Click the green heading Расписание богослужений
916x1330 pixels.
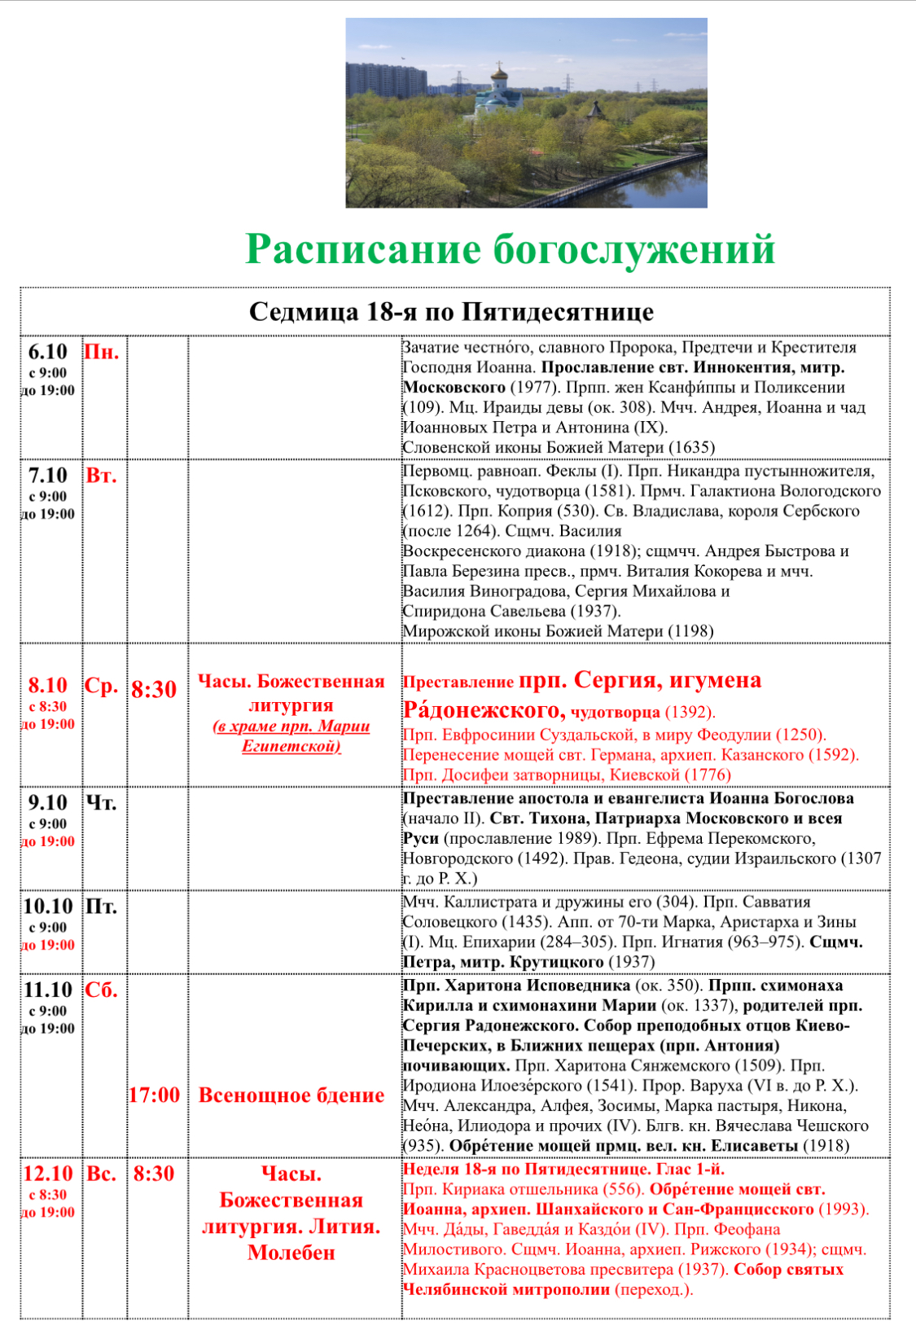tap(510, 248)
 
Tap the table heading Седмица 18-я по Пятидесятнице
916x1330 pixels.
tap(451, 312)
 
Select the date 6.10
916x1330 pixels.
tap(48, 352)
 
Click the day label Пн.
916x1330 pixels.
tap(102, 352)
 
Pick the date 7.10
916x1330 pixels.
tap(48, 476)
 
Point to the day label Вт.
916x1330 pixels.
tap(101, 476)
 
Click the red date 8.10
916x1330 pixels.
tap(48, 685)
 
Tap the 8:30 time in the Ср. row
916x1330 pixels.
tap(154, 690)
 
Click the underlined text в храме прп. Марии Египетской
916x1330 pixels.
tap(291, 736)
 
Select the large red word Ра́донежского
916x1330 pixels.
tap(484, 710)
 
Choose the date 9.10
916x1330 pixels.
tap(48, 803)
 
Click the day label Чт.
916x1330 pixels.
tap(101, 803)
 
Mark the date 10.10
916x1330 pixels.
tap(48, 906)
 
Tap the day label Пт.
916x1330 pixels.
tap(101, 906)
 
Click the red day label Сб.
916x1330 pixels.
tap(101, 990)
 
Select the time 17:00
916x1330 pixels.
tap(154, 1095)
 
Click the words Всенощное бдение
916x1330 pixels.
tap(291, 1095)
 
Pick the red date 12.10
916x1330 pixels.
tap(48, 1174)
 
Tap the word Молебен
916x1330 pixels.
tap(291, 1253)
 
